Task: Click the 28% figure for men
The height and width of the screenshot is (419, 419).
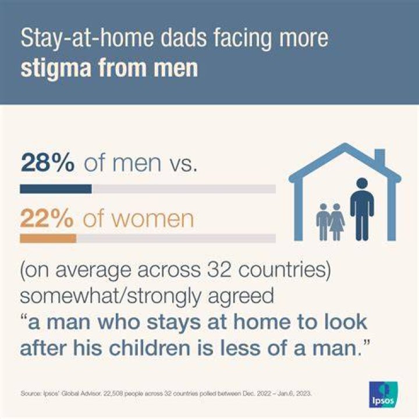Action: click(x=48, y=163)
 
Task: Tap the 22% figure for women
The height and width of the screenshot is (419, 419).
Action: click(x=47, y=218)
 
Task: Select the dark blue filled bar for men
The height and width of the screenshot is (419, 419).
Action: click(x=56, y=189)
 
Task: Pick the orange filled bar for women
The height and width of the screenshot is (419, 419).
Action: click(x=48, y=239)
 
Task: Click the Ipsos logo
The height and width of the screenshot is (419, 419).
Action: click(x=384, y=395)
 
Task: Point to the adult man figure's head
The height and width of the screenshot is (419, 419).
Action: click(x=362, y=184)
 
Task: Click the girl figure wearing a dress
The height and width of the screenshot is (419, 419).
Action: click(x=336, y=222)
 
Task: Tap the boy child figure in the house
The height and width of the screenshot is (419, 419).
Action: click(x=324, y=222)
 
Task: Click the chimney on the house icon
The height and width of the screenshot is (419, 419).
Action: click(x=379, y=157)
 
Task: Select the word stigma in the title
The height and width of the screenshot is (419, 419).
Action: click(x=56, y=69)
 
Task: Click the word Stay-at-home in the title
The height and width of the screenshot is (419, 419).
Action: click(x=87, y=38)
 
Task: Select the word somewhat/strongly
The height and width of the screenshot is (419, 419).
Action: click(x=111, y=296)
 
